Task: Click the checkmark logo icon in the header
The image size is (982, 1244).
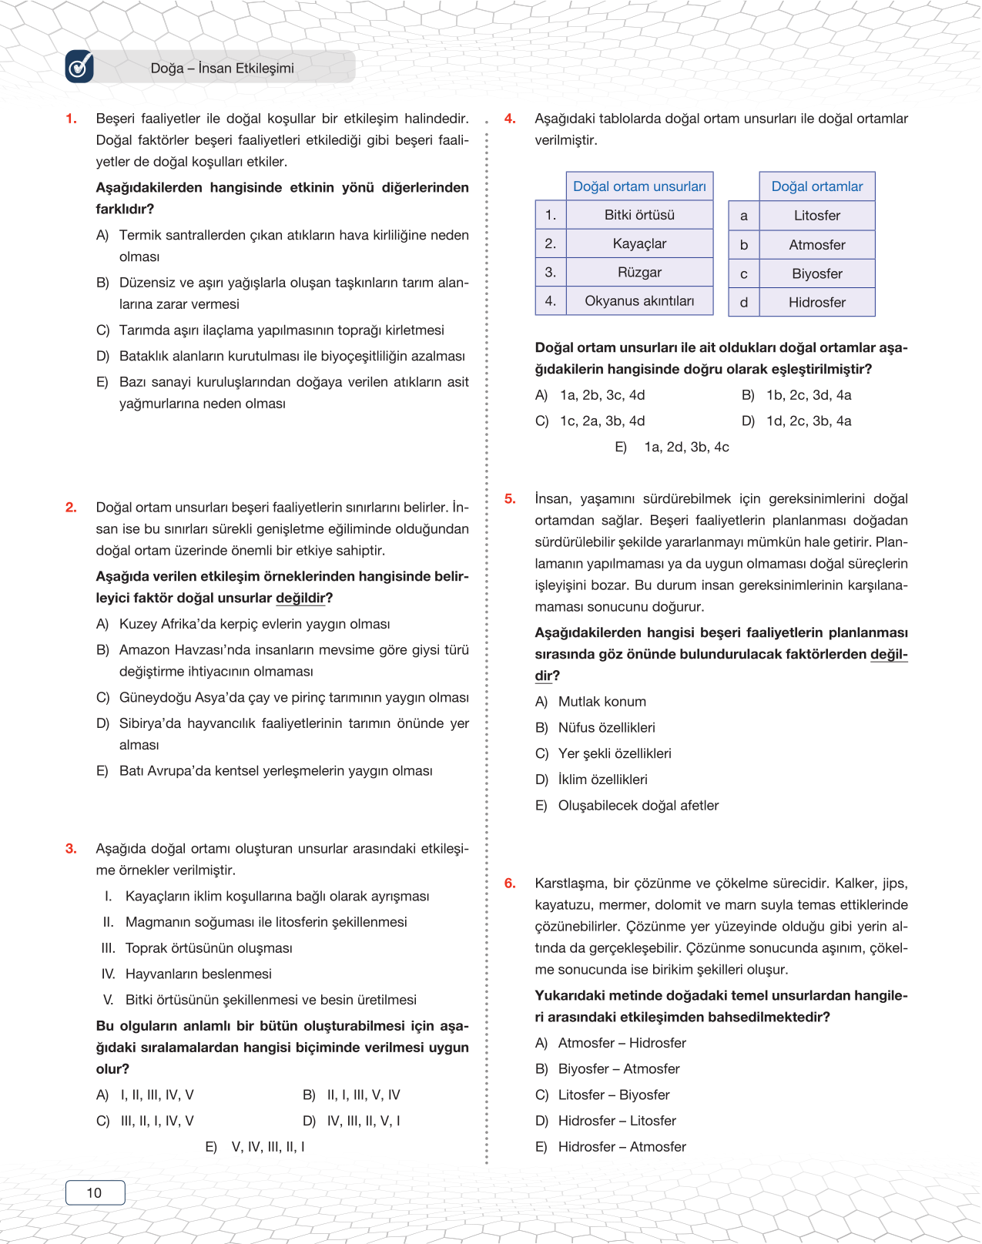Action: click(79, 67)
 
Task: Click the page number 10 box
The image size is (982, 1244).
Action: click(95, 1192)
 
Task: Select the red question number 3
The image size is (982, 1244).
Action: click(71, 849)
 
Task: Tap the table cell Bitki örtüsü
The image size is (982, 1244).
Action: click(639, 215)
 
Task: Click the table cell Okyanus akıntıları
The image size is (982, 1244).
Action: click(639, 301)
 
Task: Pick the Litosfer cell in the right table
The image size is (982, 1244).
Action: click(816, 216)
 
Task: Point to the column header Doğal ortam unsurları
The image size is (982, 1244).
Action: click(639, 186)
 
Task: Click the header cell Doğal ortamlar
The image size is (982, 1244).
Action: click(816, 186)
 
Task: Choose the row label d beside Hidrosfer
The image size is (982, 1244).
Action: click(744, 303)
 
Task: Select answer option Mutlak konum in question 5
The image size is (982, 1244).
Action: click(602, 702)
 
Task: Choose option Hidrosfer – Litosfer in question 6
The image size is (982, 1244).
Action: click(616, 1121)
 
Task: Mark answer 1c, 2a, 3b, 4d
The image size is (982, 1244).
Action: click(602, 421)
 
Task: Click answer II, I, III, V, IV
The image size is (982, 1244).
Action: click(363, 1095)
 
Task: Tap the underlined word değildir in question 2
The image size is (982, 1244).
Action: click(300, 599)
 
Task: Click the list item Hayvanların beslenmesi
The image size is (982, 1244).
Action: click(198, 974)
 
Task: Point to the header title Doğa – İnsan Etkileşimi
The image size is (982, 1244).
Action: click(222, 69)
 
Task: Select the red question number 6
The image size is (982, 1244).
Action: click(510, 884)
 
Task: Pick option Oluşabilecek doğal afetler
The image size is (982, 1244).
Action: click(638, 806)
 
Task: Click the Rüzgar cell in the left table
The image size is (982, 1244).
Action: click(639, 273)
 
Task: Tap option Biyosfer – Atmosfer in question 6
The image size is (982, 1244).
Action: click(618, 1069)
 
